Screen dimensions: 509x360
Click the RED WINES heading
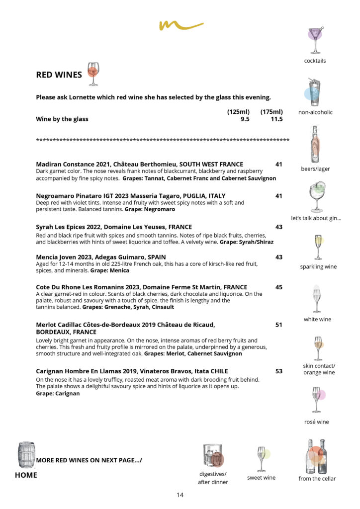coord(59,75)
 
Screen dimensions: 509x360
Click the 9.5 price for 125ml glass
coord(245,119)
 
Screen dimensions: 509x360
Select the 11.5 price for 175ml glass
coord(276,119)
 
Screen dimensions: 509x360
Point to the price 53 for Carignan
coord(278,371)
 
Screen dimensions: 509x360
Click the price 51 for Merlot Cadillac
coord(278,325)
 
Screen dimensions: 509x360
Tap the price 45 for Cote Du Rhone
coord(278,287)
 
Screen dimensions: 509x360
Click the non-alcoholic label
coord(315,112)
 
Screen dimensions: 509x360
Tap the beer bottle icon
coord(315,145)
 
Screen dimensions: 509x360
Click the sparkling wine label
coord(318,267)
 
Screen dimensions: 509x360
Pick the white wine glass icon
coord(317,299)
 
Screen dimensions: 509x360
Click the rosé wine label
coord(317,422)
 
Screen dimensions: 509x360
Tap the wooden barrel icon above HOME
coord(26,454)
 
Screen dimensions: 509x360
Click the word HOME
coord(26,475)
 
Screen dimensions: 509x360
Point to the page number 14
coord(180,495)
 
